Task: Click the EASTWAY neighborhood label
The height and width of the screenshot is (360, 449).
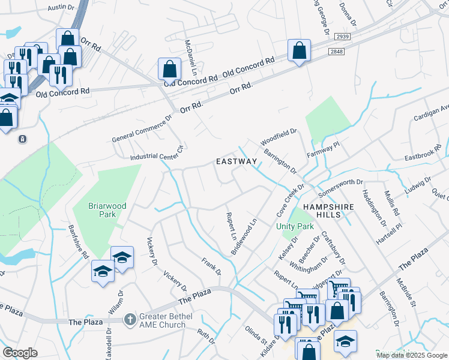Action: (237, 162)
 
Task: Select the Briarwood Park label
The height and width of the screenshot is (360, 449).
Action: (107, 210)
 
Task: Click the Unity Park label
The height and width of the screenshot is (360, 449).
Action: (295, 227)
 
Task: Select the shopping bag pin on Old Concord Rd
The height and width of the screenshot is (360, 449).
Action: (170, 69)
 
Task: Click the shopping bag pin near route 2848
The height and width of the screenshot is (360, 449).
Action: (298, 51)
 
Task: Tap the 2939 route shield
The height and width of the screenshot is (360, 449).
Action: (343, 37)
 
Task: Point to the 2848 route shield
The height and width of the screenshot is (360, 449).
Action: (337, 52)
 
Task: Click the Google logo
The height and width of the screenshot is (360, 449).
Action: (20, 353)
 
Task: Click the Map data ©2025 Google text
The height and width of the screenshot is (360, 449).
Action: (411, 355)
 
